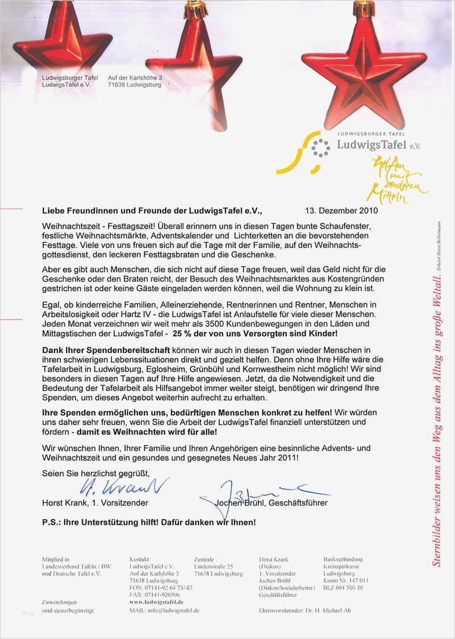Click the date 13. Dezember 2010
pyautogui.click(x=341, y=210)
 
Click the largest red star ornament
pyautogui.click(x=363, y=65)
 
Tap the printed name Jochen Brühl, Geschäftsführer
pyautogui.click(x=271, y=503)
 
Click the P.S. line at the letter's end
pyautogui.click(x=149, y=521)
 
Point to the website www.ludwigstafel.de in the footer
pyautogui.click(x=156, y=601)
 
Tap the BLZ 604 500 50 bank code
pyautogui.click(x=343, y=587)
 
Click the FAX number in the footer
pyautogui.click(x=151, y=595)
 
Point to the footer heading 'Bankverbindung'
pyautogui.click(x=343, y=559)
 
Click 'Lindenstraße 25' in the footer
pyautogui.click(x=213, y=567)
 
